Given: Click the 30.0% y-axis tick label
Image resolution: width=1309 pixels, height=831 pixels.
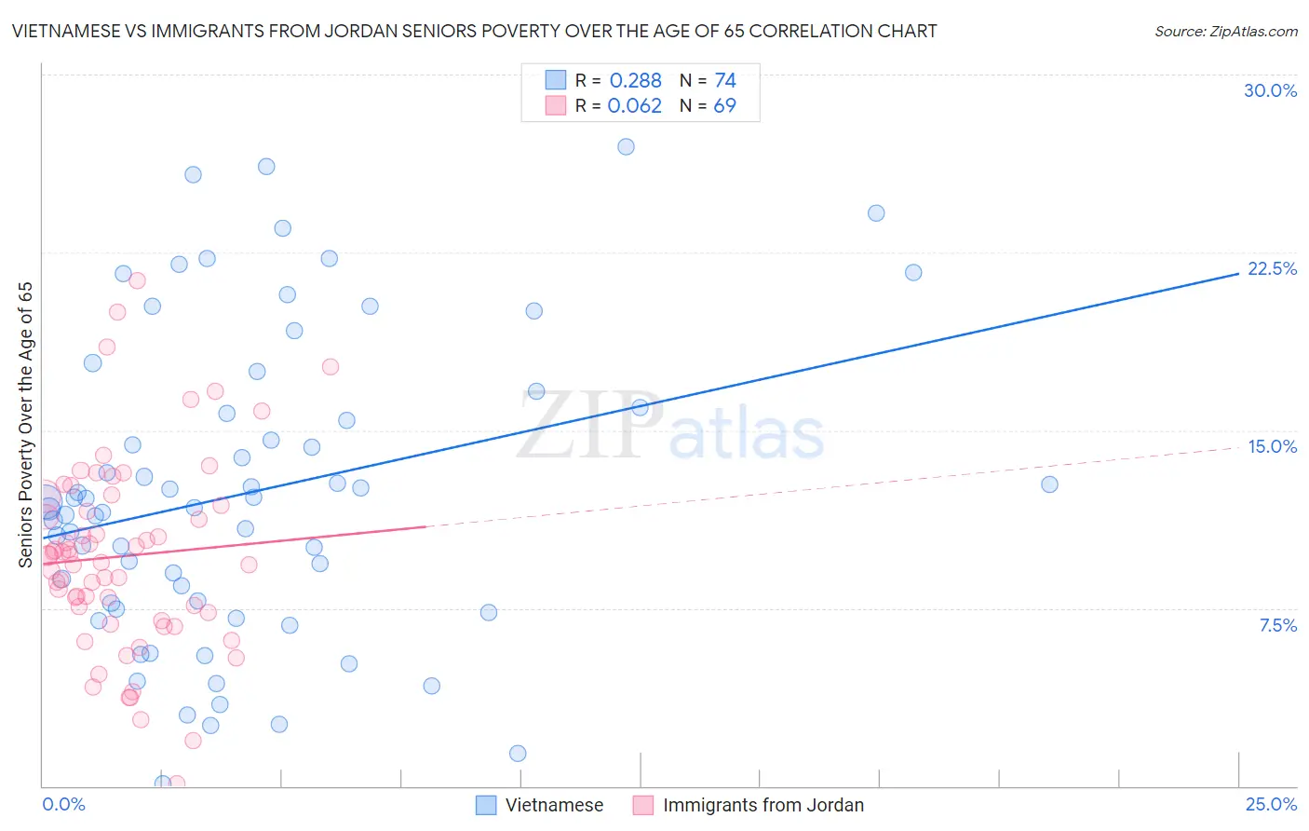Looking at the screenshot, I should (1270, 90).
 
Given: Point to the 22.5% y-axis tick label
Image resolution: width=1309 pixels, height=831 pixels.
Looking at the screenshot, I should (1272, 268).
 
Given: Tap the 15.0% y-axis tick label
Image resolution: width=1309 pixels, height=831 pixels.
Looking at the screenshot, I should (1272, 446).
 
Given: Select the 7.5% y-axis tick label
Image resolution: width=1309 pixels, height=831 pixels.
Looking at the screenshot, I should (1277, 625).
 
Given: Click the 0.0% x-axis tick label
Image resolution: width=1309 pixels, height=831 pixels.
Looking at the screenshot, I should (63, 804).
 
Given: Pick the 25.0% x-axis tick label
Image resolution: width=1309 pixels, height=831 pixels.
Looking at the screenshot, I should (1271, 804).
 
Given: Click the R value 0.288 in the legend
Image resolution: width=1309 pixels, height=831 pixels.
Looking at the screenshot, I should (635, 80).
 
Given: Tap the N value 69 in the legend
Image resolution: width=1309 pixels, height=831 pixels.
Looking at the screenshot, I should (724, 105).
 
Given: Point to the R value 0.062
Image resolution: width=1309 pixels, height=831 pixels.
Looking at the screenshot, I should (634, 105).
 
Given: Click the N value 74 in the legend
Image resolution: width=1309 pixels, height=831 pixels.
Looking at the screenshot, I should (724, 80).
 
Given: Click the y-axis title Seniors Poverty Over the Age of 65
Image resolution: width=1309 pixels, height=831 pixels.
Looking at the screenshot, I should (25, 425).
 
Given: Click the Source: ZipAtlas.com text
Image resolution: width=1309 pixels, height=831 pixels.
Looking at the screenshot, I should (1225, 31).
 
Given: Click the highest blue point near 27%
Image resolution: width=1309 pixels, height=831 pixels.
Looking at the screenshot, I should (626, 146).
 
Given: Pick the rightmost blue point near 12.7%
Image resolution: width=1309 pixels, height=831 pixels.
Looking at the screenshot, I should (1049, 484).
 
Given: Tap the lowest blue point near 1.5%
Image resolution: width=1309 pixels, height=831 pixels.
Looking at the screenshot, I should (518, 753).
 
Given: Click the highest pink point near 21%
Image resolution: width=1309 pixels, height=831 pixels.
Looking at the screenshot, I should (137, 280).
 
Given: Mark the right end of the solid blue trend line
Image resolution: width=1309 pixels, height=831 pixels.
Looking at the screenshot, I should (1237, 274).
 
